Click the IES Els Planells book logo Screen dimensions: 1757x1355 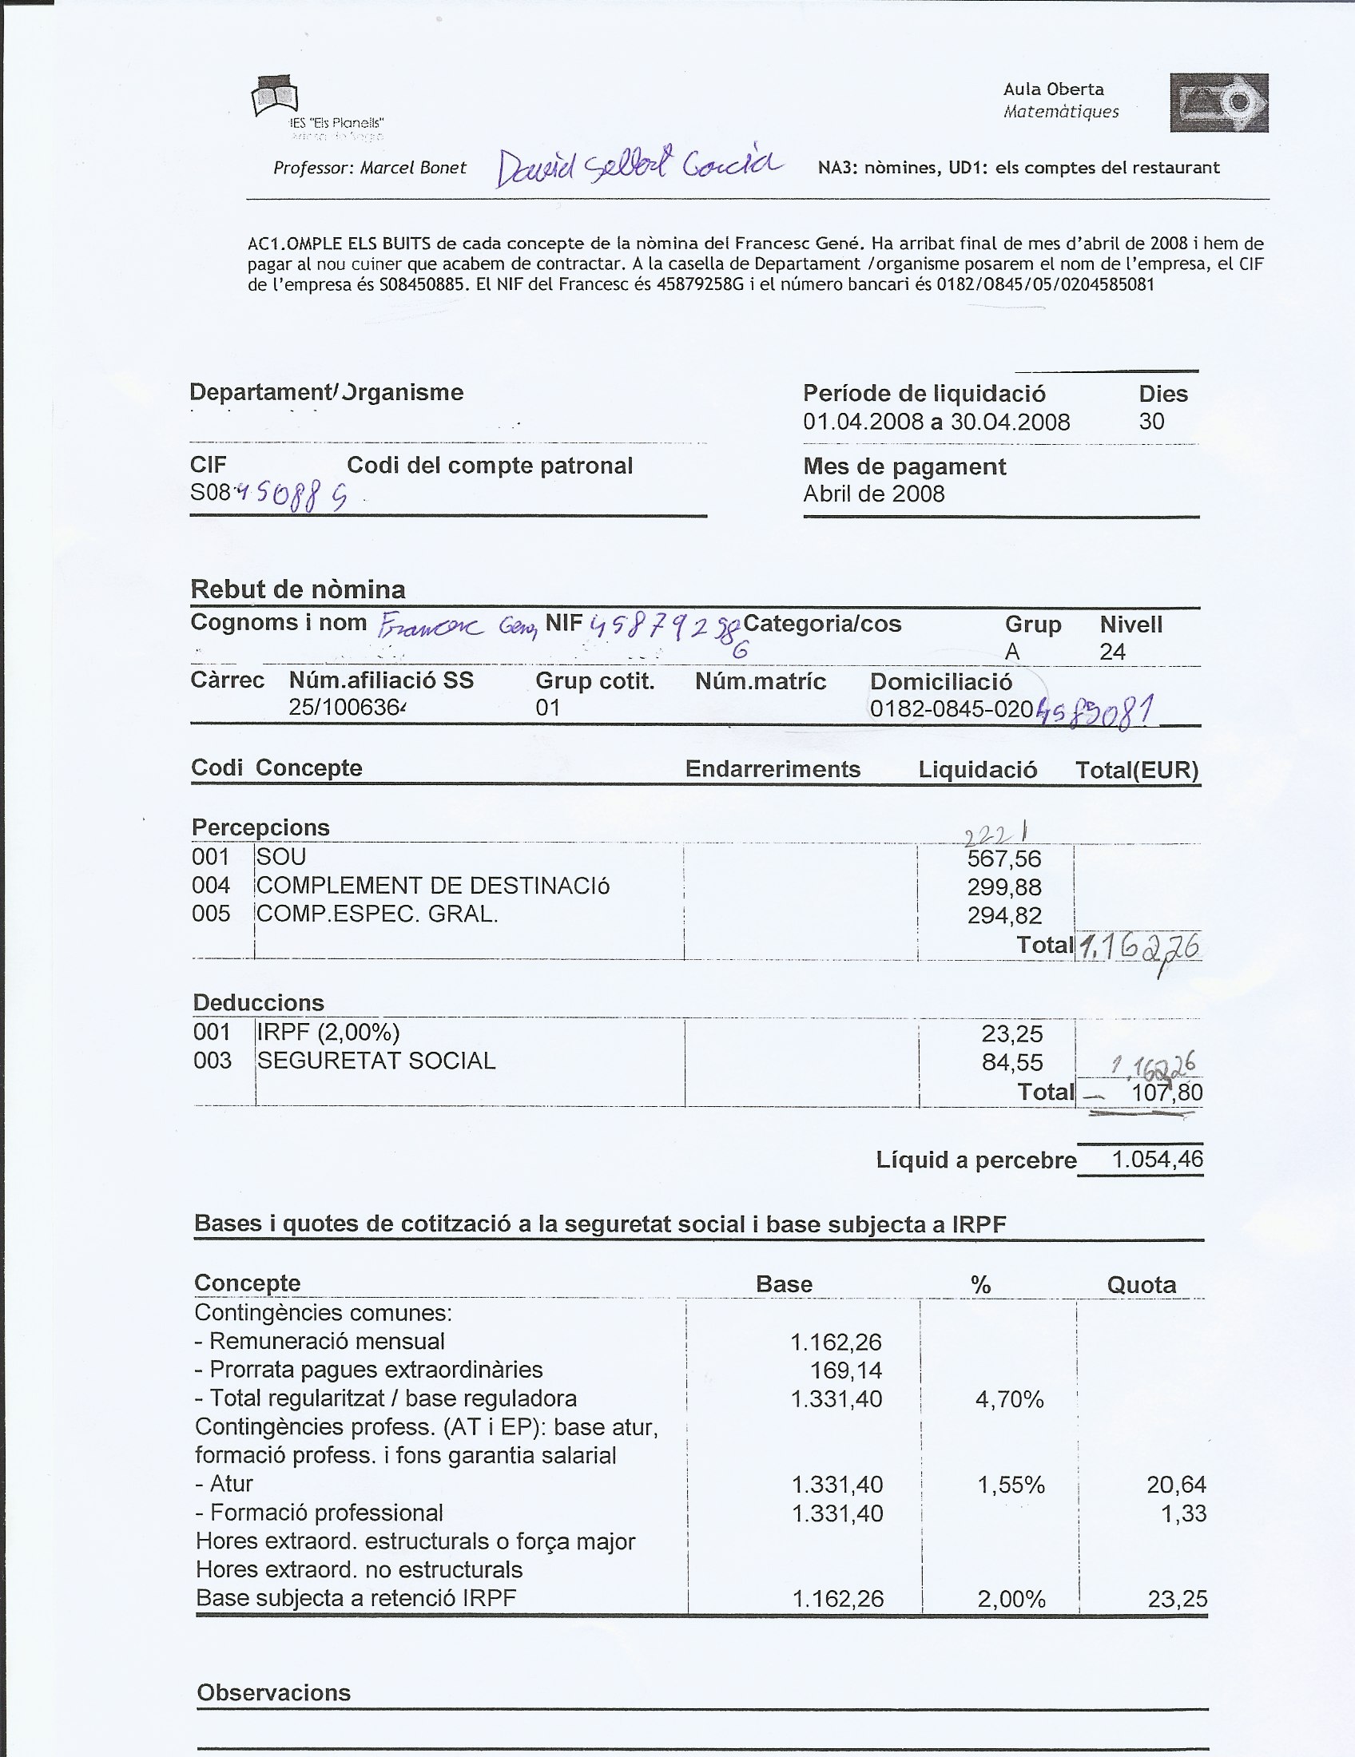tap(275, 97)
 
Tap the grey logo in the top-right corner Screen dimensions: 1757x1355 tap(1219, 102)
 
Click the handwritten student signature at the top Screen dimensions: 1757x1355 tap(638, 168)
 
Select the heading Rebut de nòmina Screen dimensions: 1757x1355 tap(298, 589)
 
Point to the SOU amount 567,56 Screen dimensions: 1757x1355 tap(1004, 859)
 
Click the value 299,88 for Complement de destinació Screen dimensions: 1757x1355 tap(1004, 887)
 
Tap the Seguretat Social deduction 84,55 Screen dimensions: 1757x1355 tap(1012, 1063)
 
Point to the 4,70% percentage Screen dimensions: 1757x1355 tap(1009, 1400)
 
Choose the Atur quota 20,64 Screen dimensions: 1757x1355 tap(1176, 1485)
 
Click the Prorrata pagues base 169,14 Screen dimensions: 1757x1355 tap(845, 1370)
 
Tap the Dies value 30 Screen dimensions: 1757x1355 tap(1151, 422)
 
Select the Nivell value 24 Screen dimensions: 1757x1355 tap(1112, 652)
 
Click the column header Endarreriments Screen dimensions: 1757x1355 tap(773, 769)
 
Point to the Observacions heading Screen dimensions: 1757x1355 tap(273, 1692)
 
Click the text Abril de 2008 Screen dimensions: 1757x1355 tap(874, 494)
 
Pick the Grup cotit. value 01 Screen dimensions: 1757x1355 tap(548, 708)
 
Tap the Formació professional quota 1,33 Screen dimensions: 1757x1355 tap(1183, 1513)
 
